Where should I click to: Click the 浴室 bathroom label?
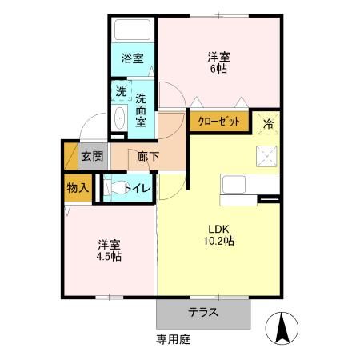coord(132,58)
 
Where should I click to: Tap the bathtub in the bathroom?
coord(132,30)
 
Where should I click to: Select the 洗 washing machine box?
coord(121,91)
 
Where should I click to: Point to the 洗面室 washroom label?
coord(141,110)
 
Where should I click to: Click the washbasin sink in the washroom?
coord(121,118)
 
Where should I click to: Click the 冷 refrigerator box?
coord(267,122)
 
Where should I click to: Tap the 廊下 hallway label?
coord(147,156)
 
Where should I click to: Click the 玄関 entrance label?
coord(91,156)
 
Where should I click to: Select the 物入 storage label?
coord(78,188)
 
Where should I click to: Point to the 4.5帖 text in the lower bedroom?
coord(109,256)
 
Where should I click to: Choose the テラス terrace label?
coord(204,312)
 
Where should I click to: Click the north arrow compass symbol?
coord(282,326)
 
